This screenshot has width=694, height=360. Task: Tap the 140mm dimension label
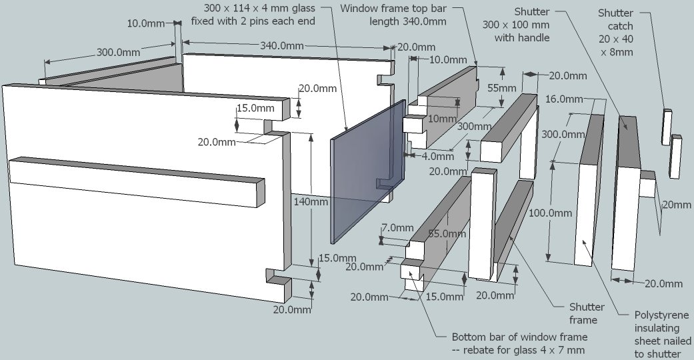[310, 201]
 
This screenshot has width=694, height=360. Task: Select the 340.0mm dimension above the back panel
[280, 46]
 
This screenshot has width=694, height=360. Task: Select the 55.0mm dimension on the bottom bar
[446, 234]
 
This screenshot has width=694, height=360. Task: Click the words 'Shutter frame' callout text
[587, 313]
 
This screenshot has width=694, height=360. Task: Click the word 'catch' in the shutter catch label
[619, 26]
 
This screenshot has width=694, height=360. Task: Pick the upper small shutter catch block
[666, 121]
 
